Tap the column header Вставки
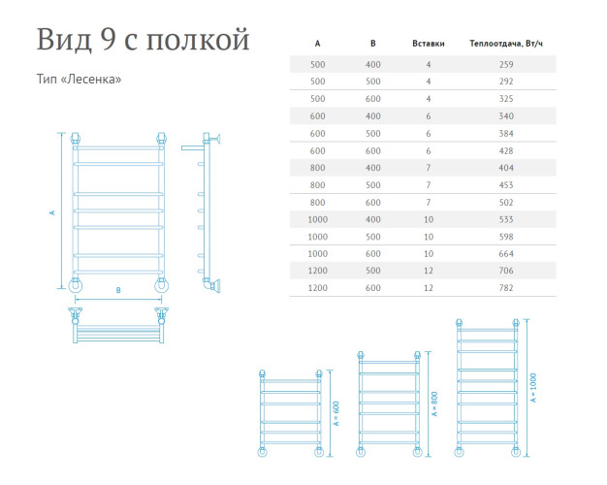[x=428, y=44]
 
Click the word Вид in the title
[x=65, y=41]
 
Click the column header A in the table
[x=317, y=44]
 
